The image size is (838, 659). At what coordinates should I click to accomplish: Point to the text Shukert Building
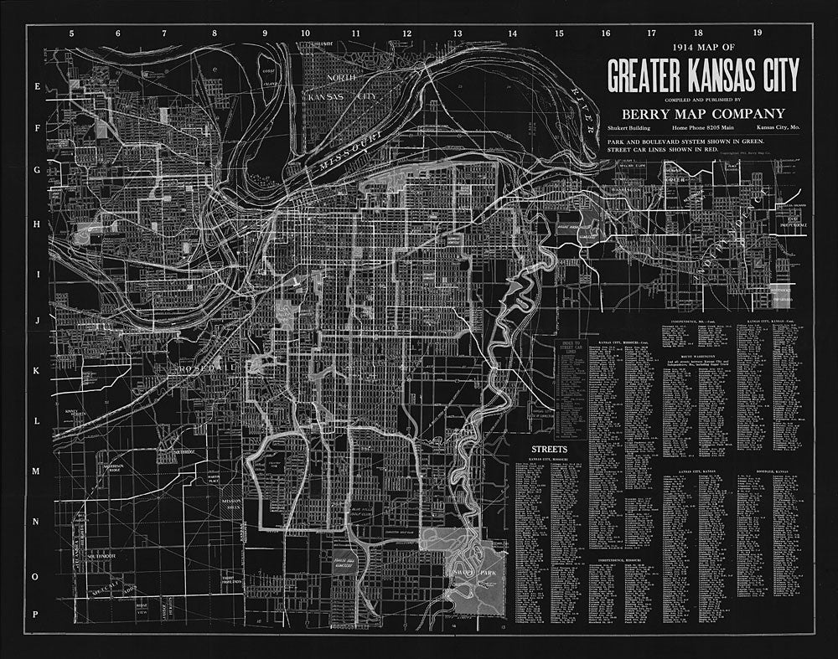630,128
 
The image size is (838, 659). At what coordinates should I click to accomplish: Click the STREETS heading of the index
549,450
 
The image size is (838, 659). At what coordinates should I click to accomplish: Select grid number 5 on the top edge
72,33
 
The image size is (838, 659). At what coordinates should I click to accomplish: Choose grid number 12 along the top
406,33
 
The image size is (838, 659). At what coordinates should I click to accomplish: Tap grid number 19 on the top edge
757,33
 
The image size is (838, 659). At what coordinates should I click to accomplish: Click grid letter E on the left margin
36,86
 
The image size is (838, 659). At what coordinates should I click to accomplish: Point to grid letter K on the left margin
36,369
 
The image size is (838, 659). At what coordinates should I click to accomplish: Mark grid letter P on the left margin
36,615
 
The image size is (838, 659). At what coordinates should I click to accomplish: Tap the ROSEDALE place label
204,369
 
